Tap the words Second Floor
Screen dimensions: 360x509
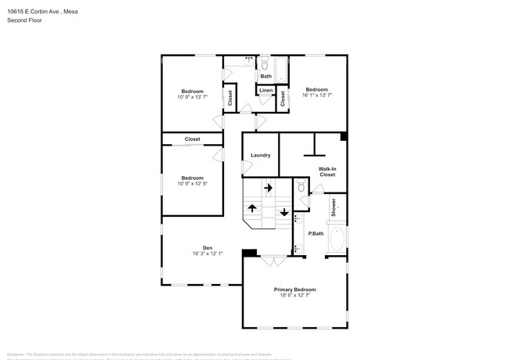point(24,20)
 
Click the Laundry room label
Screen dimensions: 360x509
point(260,155)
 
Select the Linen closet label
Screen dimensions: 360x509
point(266,91)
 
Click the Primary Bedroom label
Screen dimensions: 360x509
point(294,290)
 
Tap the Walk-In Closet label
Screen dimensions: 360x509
point(327,171)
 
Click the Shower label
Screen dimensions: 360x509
point(333,207)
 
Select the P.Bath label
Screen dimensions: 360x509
point(316,234)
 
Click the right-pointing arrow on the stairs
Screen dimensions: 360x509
point(268,188)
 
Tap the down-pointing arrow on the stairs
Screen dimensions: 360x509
point(283,211)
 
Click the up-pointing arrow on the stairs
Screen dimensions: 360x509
point(252,208)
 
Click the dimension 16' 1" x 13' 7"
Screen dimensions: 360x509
point(319,95)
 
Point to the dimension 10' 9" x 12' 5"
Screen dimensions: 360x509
point(192,183)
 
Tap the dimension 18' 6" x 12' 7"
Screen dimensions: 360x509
point(294,296)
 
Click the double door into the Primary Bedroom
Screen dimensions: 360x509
point(273,261)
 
